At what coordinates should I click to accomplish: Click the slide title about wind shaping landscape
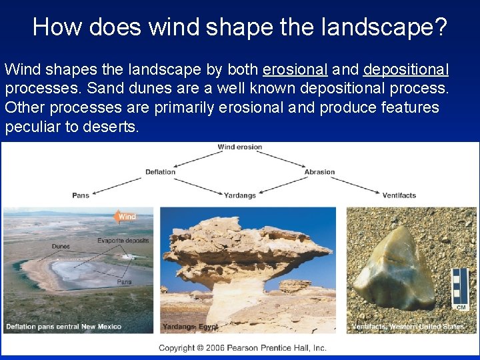tap(240, 27)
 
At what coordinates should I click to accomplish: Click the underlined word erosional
tap(295, 70)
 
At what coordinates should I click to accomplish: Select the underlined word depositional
tap(406, 70)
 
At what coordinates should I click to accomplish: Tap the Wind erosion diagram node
tap(240, 147)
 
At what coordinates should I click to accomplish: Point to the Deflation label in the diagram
tap(160, 172)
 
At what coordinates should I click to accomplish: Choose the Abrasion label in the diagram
tap(319, 172)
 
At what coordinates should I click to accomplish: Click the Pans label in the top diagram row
tap(81, 195)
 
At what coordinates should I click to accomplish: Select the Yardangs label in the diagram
tap(240, 195)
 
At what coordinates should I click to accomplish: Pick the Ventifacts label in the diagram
tap(399, 195)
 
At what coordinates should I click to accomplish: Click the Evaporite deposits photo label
tap(123, 240)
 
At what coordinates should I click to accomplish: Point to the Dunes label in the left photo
tap(61, 247)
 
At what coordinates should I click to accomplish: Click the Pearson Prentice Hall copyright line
tap(242, 347)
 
